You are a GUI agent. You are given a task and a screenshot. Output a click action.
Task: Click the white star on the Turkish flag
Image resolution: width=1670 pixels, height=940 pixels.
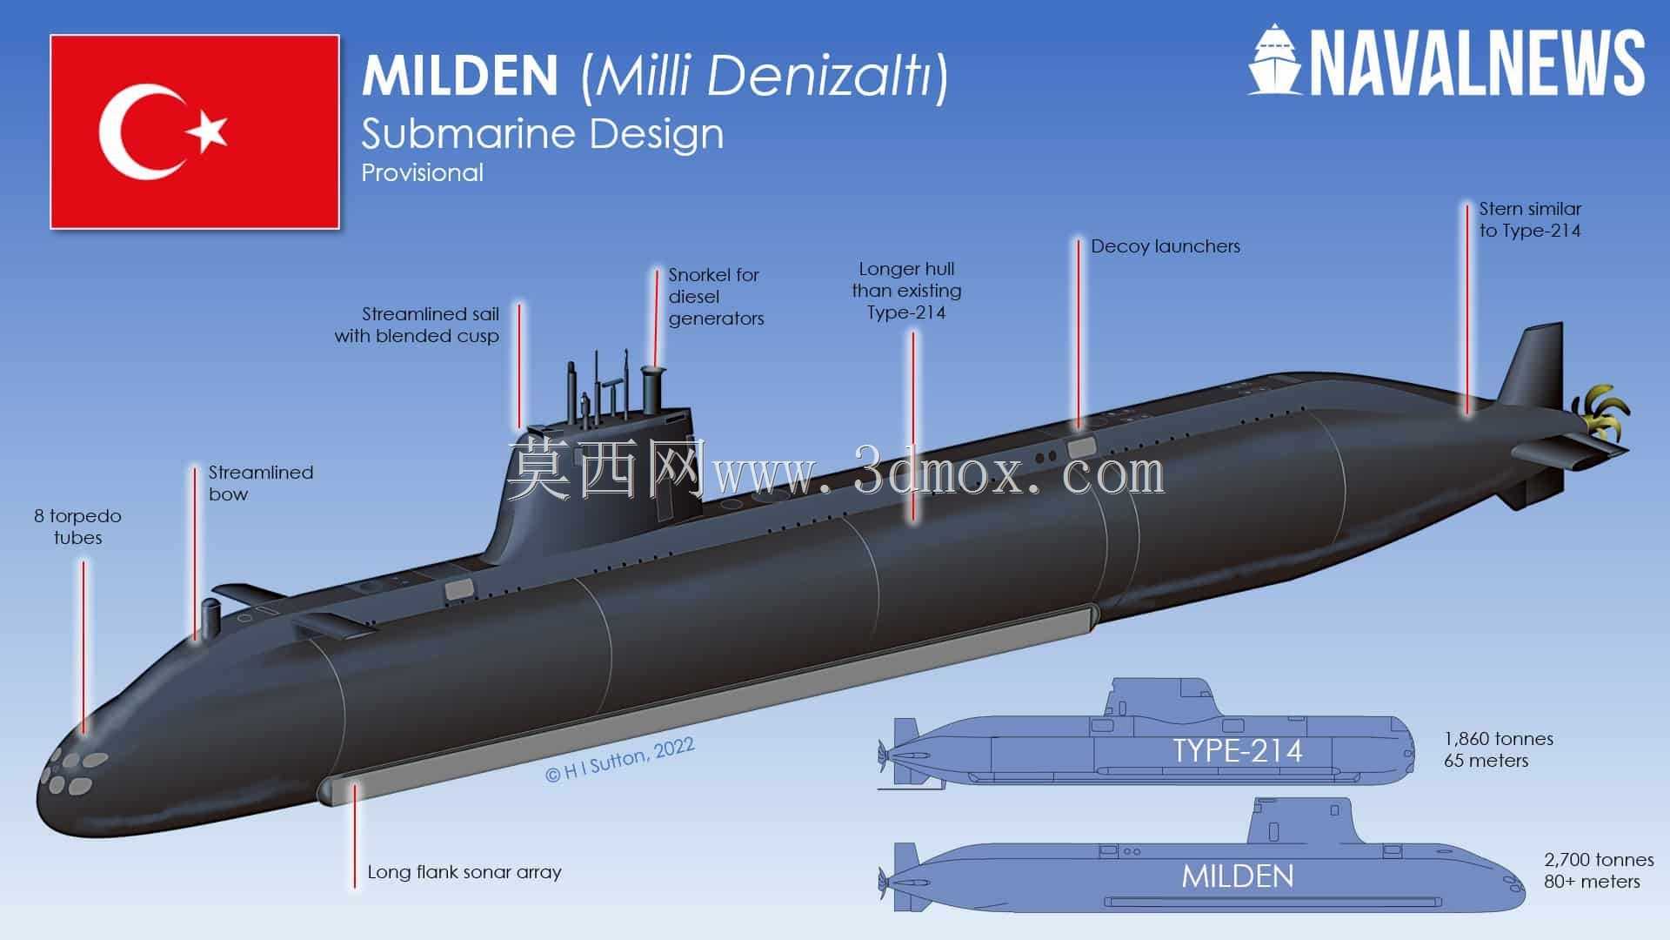click(207, 131)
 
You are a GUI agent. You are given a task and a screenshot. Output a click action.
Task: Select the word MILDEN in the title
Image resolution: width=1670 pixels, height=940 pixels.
click(460, 76)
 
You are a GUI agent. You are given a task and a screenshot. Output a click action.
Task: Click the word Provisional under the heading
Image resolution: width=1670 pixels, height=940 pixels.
click(422, 172)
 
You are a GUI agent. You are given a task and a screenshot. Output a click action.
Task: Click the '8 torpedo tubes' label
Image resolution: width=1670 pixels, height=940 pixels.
click(78, 527)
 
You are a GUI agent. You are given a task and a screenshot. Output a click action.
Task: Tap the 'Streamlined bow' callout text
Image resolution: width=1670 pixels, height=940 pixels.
click(260, 483)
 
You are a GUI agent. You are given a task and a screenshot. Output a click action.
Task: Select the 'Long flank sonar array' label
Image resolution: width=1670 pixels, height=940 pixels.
click(464, 872)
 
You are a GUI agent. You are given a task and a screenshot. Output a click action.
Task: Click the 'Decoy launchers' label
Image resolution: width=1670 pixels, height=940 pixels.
click(1166, 246)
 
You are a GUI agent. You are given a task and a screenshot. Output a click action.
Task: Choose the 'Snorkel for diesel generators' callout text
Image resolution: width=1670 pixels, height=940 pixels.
click(715, 297)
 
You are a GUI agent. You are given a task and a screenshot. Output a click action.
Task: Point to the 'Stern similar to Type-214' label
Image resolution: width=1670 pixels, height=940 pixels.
click(1530, 219)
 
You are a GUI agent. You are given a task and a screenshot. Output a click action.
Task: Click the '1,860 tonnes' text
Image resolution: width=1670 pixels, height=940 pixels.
click(1499, 739)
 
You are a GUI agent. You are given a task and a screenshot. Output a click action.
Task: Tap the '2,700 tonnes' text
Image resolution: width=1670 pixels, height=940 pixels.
click(1599, 860)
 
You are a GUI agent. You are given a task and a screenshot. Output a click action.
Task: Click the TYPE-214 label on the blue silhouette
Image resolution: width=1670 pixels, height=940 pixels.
click(1237, 750)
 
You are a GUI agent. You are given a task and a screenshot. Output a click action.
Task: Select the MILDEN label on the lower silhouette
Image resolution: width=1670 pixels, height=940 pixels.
click(1237, 876)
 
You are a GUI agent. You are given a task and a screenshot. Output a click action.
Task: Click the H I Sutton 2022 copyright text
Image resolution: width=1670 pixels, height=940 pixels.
click(619, 761)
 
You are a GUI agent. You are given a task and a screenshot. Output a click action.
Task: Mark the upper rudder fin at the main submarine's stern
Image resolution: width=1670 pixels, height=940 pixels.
click(1533, 365)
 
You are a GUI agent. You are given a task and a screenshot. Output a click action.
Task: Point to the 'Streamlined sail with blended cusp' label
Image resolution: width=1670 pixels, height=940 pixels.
click(417, 325)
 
